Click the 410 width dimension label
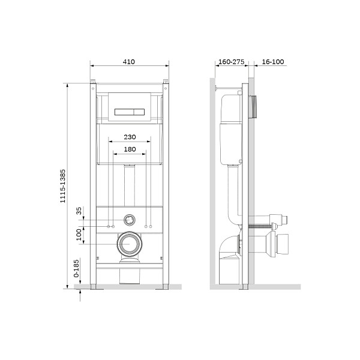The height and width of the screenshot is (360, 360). coord(129,62)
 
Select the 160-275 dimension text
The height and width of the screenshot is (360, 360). coord(230,62)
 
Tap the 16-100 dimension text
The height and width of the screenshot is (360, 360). coord(273,62)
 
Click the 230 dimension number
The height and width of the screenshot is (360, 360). coord(129,137)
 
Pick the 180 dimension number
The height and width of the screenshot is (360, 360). coord(129,149)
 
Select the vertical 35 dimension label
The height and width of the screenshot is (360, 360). coord(79,211)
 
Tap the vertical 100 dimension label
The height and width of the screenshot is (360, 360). coord(79,234)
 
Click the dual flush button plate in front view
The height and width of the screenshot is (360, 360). coord(129,111)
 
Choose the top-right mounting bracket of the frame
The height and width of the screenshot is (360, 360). coord(164,83)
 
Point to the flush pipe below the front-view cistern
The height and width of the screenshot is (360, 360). coord(128,186)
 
